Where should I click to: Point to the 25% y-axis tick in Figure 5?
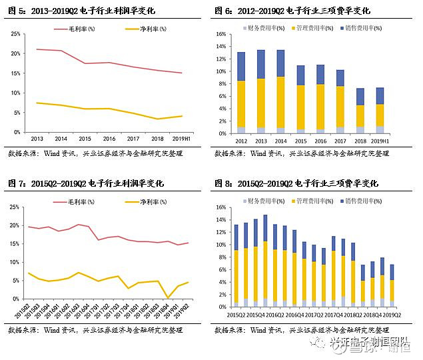15,33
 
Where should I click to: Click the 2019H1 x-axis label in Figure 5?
181,137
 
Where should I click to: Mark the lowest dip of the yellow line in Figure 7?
169,297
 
